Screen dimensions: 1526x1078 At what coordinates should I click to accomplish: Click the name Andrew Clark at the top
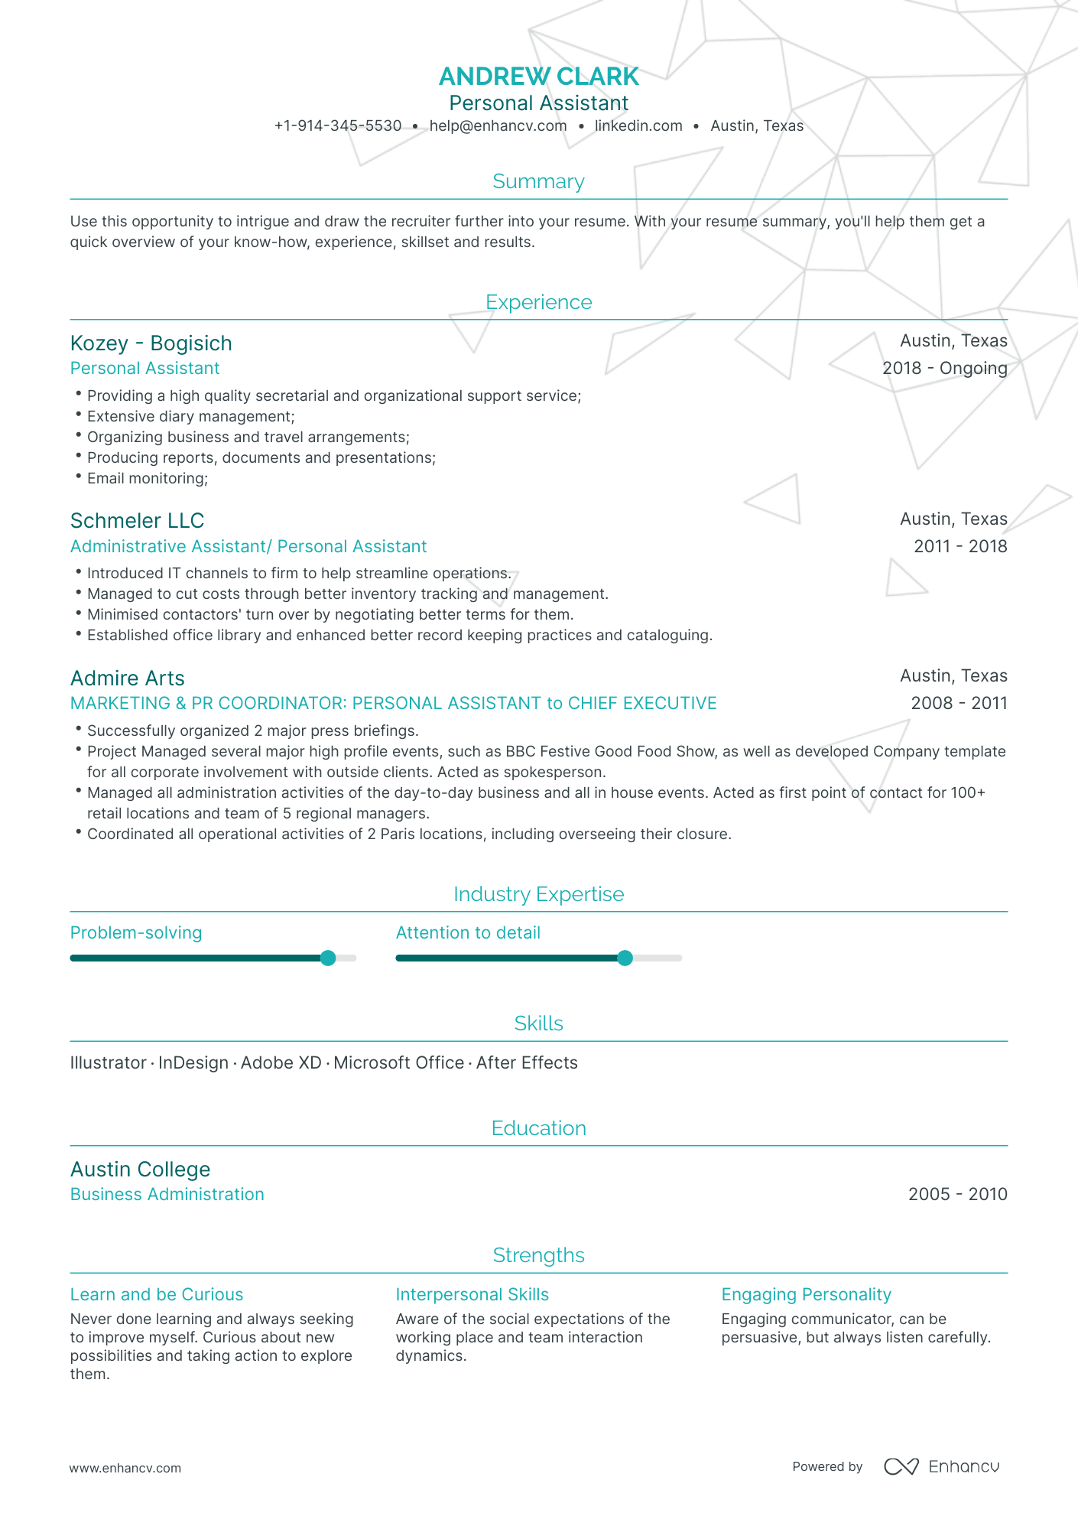(x=538, y=76)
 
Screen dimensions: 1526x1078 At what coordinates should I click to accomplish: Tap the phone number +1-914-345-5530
(x=338, y=126)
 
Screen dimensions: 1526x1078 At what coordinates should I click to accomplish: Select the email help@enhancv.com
(x=498, y=126)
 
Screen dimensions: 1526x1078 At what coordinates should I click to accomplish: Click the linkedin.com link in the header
(x=638, y=126)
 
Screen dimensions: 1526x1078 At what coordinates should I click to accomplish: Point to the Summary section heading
(x=538, y=181)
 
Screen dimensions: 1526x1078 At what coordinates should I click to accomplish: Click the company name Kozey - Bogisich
(x=151, y=343)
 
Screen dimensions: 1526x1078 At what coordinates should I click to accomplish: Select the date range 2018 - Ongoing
(x=944, y=369)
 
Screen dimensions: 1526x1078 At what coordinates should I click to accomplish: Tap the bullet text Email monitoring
(x=147, y=479)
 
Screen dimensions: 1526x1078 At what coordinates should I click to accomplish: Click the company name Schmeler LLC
(x=137, y=521)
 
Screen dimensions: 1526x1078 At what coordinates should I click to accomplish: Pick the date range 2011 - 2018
(x=960, y=547)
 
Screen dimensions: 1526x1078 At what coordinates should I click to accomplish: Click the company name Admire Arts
(x=128, y=678)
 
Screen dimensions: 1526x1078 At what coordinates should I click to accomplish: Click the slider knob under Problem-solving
(x=328, y=958)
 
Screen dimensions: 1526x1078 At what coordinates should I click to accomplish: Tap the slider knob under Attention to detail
(x=625, y=958)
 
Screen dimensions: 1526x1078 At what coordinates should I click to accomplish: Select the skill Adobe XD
(x=281, y=1063)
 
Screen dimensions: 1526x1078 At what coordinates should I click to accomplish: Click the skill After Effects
(x=527, y=1063)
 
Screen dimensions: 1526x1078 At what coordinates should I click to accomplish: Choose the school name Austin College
(x=140, y=1170)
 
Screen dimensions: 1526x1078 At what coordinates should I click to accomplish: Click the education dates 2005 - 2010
(x=957, y=1195)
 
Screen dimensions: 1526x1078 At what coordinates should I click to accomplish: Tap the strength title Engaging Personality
(x=806, y=1295)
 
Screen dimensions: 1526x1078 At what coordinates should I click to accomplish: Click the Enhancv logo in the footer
(x=942, y=1467)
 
